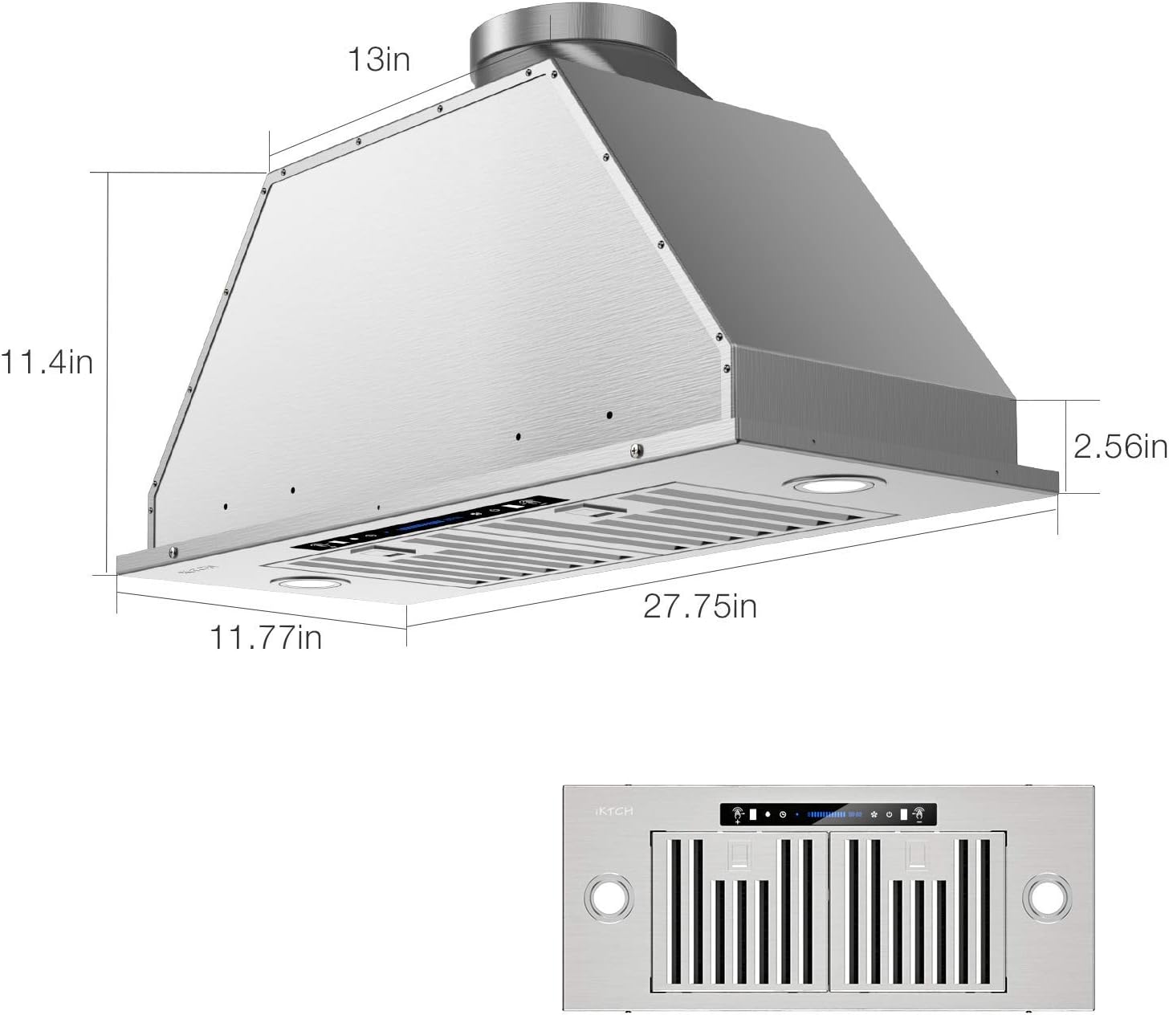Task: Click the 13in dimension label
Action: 378,59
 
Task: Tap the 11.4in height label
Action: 47,362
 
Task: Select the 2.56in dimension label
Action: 1119,446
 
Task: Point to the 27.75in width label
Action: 699,605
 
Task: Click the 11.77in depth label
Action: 266,637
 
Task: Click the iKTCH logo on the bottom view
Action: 614,811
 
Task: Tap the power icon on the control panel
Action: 890,814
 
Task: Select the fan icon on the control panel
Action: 874,814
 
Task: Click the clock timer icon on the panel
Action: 782,814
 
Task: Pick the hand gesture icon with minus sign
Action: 920,814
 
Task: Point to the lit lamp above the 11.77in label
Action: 310,583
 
